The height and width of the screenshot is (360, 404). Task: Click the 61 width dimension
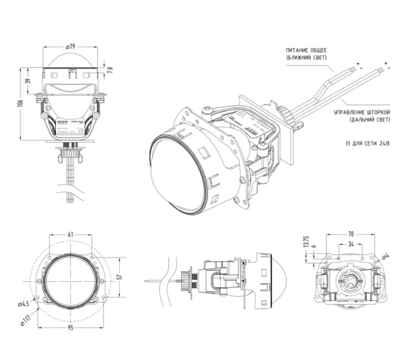71,235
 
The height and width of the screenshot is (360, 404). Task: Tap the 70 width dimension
351,234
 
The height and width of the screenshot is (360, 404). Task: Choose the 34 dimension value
351,244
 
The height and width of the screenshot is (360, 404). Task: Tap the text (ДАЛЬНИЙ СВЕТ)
370,120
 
